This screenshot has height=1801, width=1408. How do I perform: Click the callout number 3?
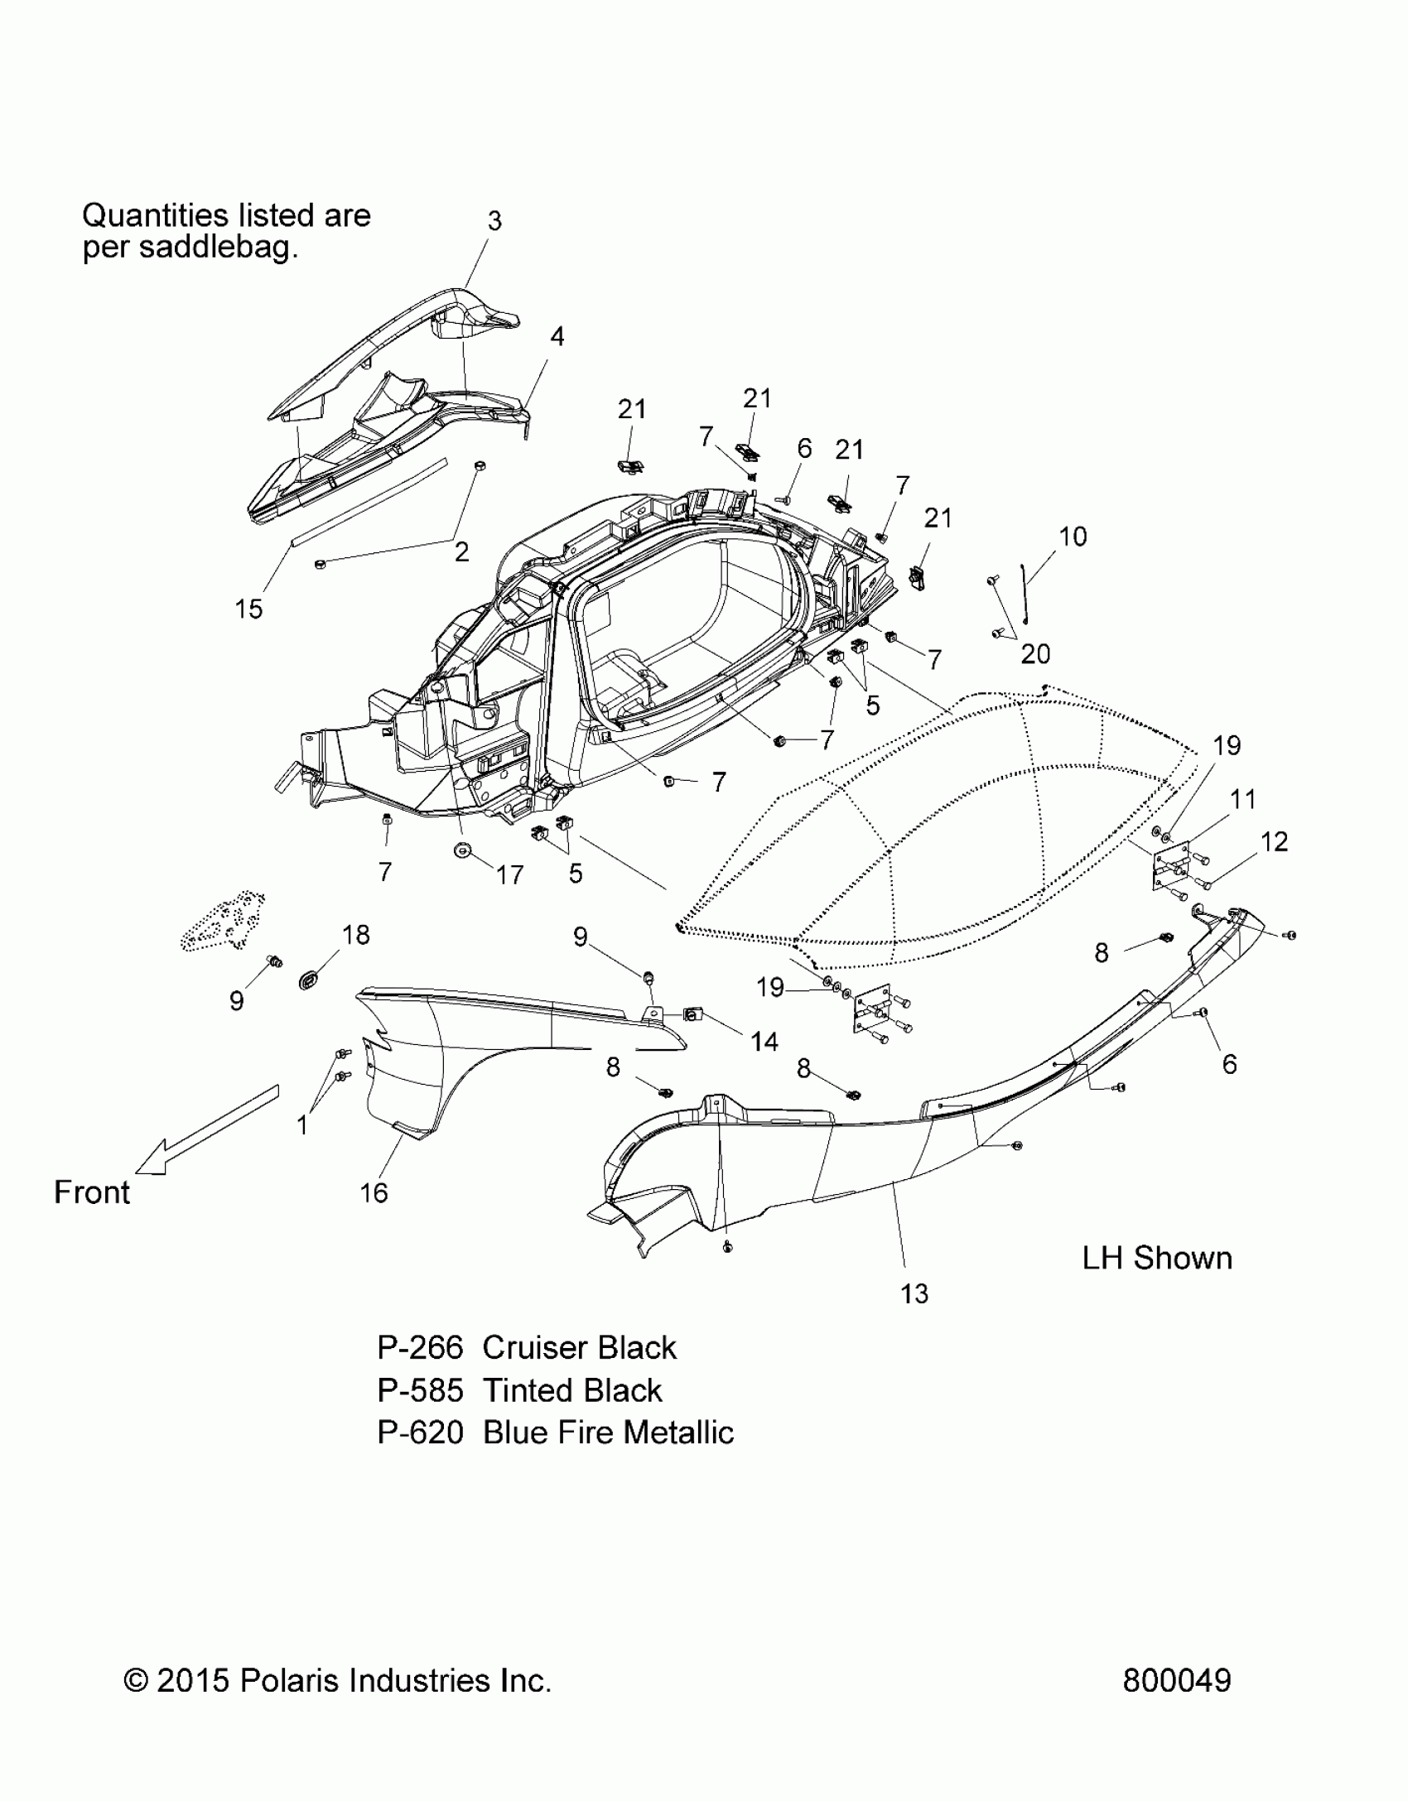coord(494,221)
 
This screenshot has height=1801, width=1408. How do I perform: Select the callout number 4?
coord(557,336)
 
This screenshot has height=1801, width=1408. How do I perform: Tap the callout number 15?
coord(248,609)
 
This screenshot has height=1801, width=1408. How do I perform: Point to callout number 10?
coord(1073,537)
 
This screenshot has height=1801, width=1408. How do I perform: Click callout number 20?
coord(1035,654)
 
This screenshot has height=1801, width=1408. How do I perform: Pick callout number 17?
coord(510,874)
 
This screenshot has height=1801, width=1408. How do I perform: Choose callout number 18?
coord(356,935)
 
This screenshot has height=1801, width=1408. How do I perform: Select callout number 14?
coord(764,1042)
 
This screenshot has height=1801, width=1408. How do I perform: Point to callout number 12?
coord(1275,841)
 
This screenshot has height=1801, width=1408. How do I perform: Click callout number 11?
coord(1243,799)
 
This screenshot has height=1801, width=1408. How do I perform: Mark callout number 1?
coord(303,1125)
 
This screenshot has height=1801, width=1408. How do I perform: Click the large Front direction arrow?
coord(207,1130)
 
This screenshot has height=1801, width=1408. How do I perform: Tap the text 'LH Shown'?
coord(1157,1258)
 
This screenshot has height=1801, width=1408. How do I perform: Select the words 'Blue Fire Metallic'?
coord(608,1433)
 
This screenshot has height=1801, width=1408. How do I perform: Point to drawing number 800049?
coord(1177,1681)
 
